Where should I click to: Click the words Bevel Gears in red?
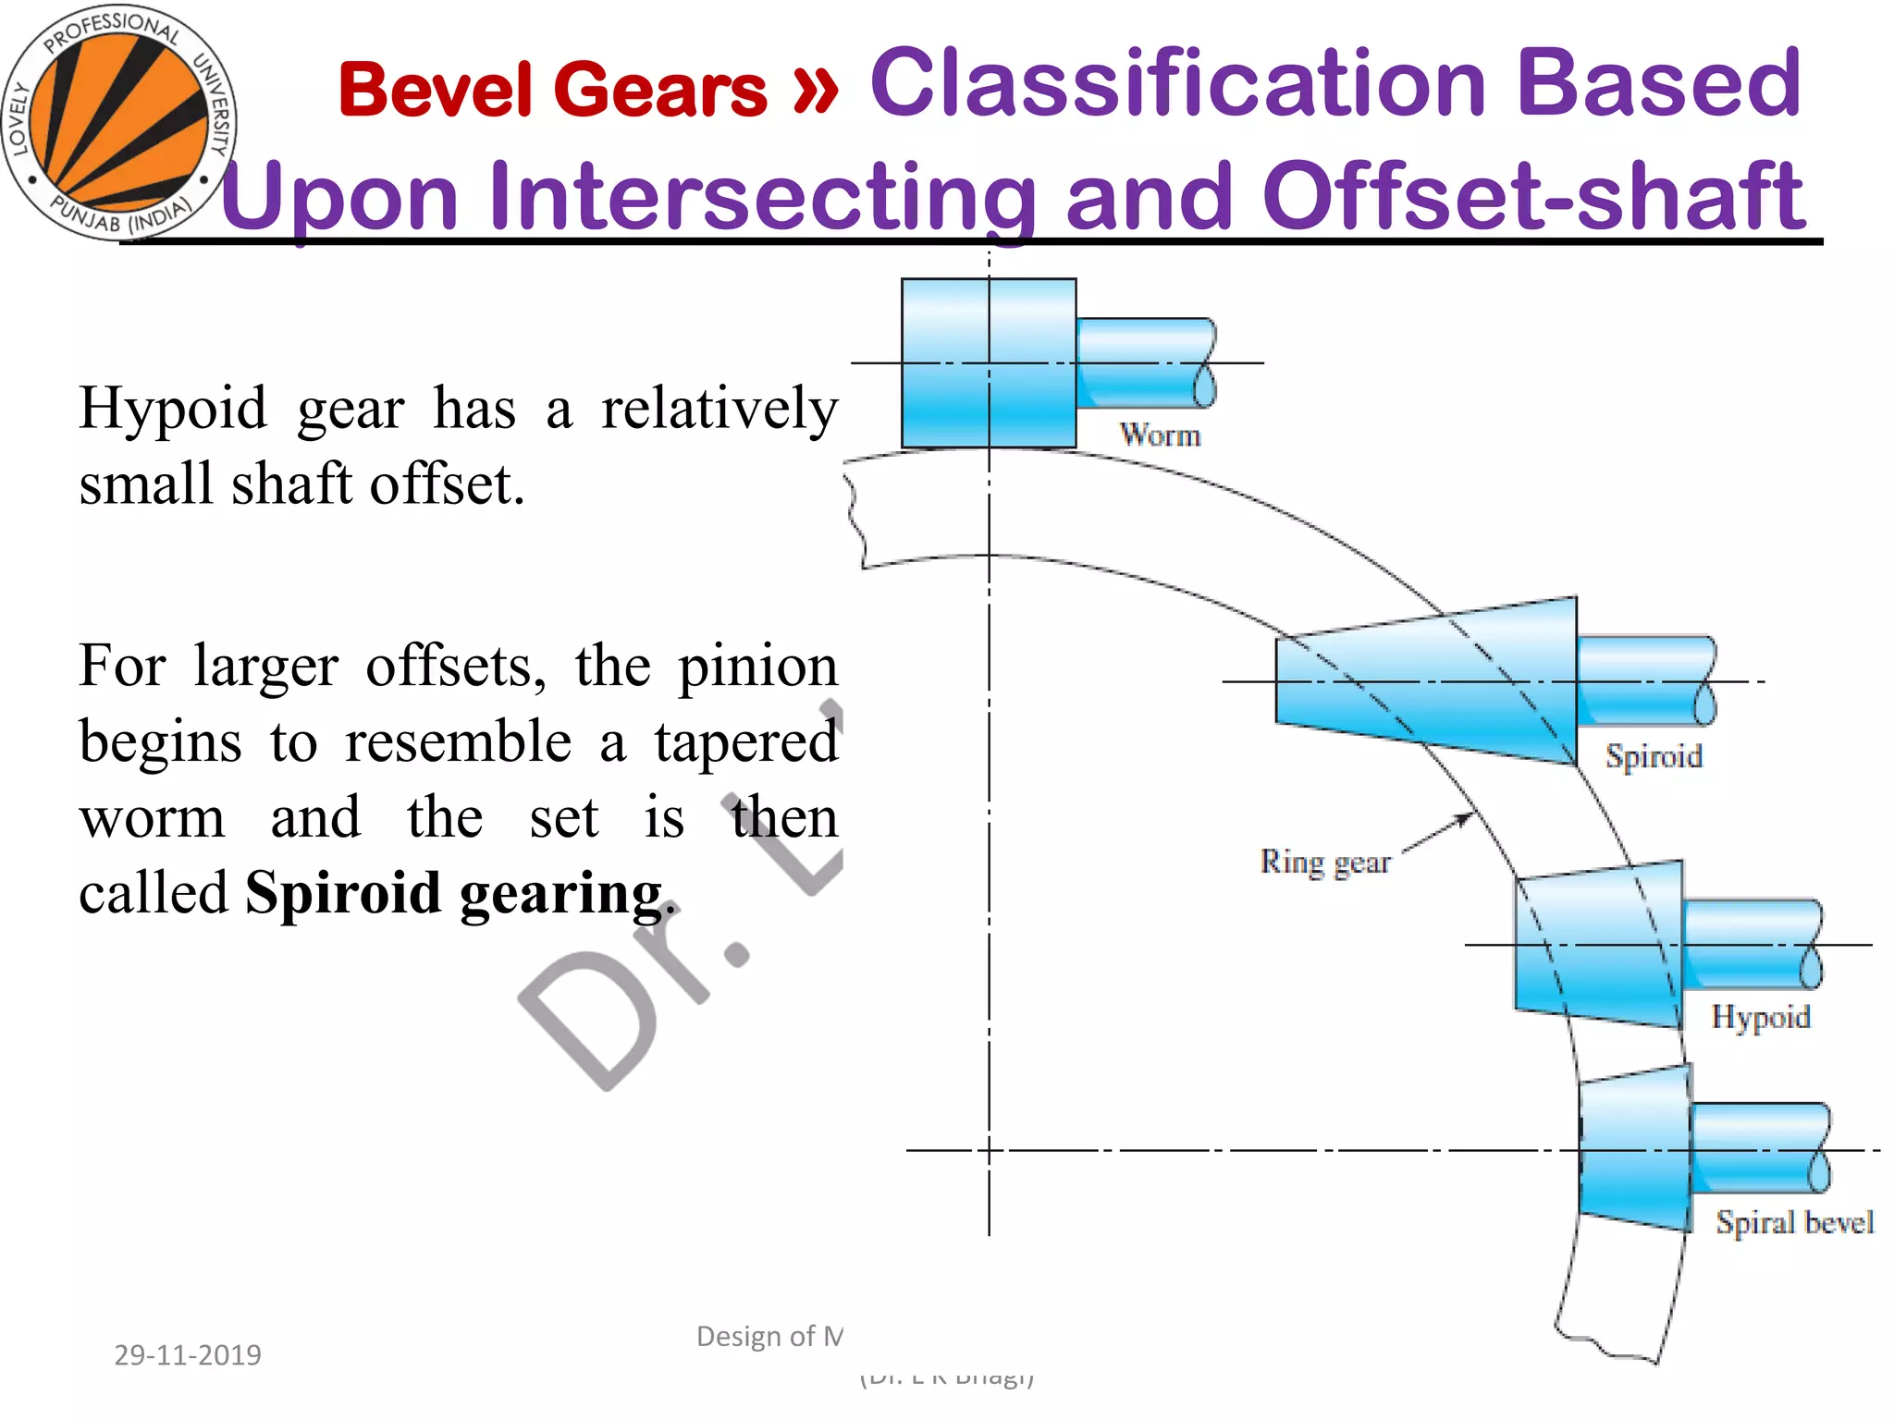[553, 90]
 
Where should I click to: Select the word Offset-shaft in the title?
[1533, 196]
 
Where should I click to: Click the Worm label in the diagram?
[1160, 435]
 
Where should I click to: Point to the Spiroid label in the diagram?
[1654, 756]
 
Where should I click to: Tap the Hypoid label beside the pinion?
[1760, 1017]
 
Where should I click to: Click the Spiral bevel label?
[1794, 1222]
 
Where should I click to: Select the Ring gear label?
[1324, 862]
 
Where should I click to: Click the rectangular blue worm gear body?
[988, 362]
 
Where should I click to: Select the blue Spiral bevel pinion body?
[1635, 1150]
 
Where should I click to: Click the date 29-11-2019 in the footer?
[188, 1354]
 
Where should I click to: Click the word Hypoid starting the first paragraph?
[172, 408]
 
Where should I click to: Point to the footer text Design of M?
[769, 1336]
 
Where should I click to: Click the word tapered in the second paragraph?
[745, 741]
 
